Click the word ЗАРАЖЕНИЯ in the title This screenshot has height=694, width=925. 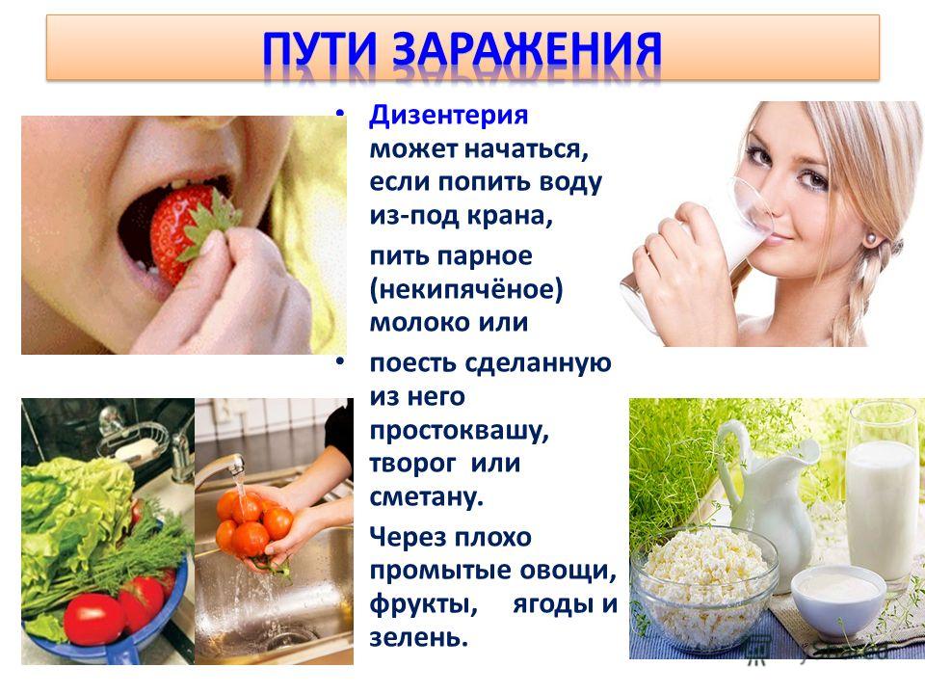(x=526, y=48)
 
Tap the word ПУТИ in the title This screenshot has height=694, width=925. (x=319, y=48)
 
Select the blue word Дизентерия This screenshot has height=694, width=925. (x=448, y=116)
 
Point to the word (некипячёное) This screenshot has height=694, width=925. (x=466, y=290)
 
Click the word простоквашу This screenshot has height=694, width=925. (x=459, y=431)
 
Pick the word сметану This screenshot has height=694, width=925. (x=427, y=496)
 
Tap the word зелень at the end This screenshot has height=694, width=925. (x=419, y=637)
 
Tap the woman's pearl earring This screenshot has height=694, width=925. (x=869, y=238)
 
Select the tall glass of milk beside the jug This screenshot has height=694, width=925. (x=883, y=495)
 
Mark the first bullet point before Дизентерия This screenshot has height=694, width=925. (x=339, y=112)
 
